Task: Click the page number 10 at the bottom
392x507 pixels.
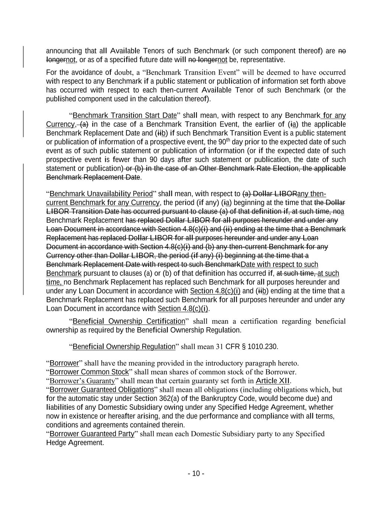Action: pos(196,474)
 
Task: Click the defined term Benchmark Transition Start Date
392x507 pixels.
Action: pos(124,116)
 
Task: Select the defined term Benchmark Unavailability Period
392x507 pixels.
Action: pos(101,194)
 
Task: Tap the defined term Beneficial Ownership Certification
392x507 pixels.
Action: pos(129,321)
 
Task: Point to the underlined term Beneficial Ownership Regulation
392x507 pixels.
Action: pos(124,347)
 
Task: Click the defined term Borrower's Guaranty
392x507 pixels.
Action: pos(82,381)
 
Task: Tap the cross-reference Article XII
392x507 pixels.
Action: pos(273,381)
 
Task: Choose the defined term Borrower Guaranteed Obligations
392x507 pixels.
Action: pos(102,390)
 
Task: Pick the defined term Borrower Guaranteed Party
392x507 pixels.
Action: pos(92,434)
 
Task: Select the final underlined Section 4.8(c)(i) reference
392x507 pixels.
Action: pos(183,309)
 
